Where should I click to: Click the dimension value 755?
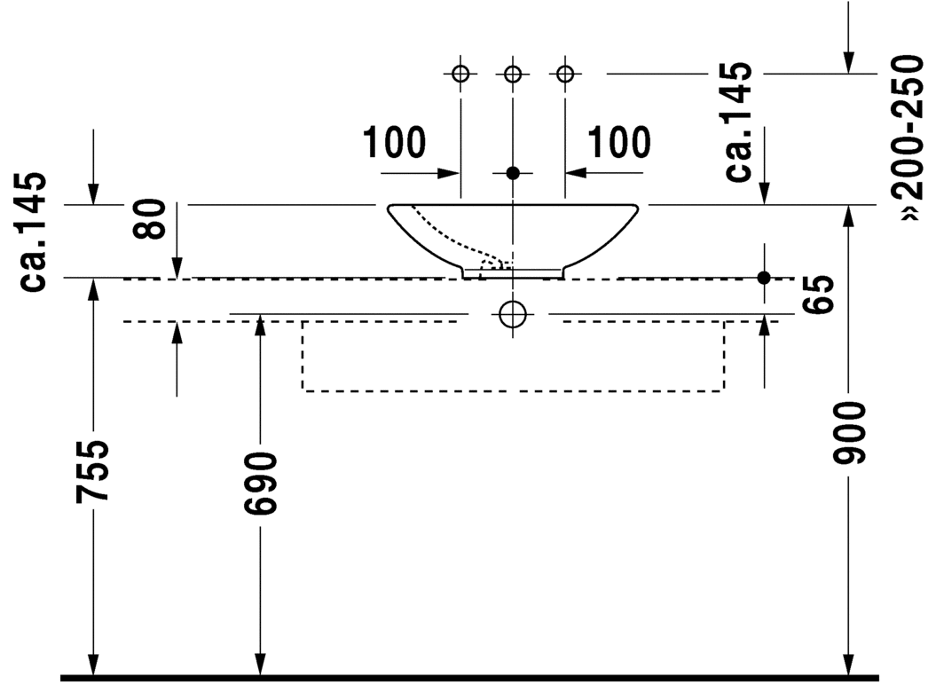92,469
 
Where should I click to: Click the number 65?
821,294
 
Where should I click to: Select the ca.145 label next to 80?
35,232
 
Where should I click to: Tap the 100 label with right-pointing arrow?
394,142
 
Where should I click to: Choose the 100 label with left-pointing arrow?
618,142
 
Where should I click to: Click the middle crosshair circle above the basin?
512,75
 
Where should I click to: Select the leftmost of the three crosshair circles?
460,75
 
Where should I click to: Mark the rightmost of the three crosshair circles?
564,75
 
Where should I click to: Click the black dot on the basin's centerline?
512,172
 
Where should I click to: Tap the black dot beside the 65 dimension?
764,278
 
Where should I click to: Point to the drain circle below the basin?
513,314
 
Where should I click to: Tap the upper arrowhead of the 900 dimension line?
850,215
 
